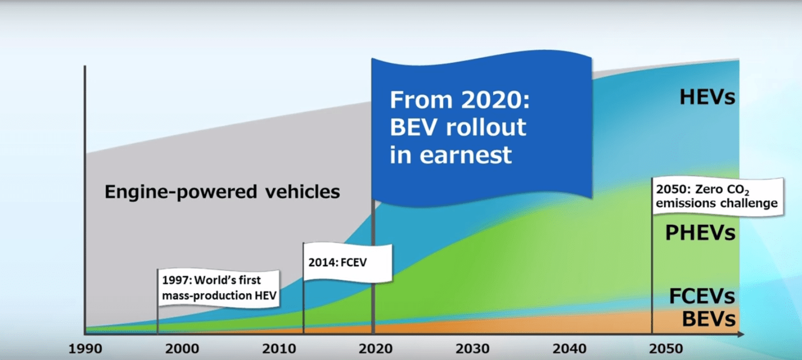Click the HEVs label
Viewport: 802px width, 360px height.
coord(707,97)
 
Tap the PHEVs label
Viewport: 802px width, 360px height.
coord(700,233)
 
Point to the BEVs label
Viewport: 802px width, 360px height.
coord(708,319)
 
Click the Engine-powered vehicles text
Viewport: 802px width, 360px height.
coord(222,192)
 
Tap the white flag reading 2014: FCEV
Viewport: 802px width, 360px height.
coord(347,262)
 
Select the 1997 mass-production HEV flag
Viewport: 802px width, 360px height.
coord(219,288)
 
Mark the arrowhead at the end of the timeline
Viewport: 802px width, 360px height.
coord(740,335)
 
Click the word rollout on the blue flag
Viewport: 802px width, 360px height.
coord(486,128)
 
